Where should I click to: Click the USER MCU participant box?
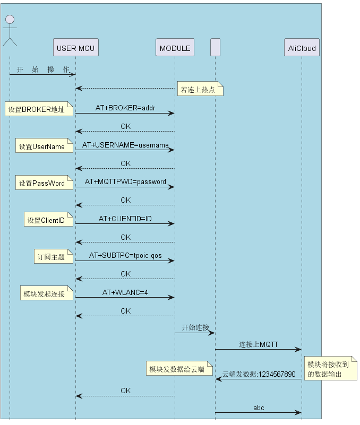pos(76,47)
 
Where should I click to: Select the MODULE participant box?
pos(175,47)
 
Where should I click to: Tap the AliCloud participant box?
pos(302,47)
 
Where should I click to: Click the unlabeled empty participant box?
pos(216,47)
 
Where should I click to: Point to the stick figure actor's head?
pos(10,20)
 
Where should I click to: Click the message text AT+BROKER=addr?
pos(125,108)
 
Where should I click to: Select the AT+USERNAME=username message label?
pos(125,145)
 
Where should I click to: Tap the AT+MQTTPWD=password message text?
pos(125,181)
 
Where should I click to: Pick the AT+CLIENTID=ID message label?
pos(125,219)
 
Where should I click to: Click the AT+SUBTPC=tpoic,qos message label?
pos(125,255)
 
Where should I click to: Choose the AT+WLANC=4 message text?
pos(125,292)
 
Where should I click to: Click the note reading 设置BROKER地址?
pos(39,109)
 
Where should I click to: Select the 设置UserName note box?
pos(44,145)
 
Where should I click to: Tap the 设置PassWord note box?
pos(44,183)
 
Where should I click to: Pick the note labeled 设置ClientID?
pos(48,219)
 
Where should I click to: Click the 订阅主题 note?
pos(54,256)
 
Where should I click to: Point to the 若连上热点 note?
pos(200,89)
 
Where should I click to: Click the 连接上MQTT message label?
pos(259,344)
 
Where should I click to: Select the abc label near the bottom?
pos(259,407)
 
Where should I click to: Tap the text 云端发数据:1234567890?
pos(259,374)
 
